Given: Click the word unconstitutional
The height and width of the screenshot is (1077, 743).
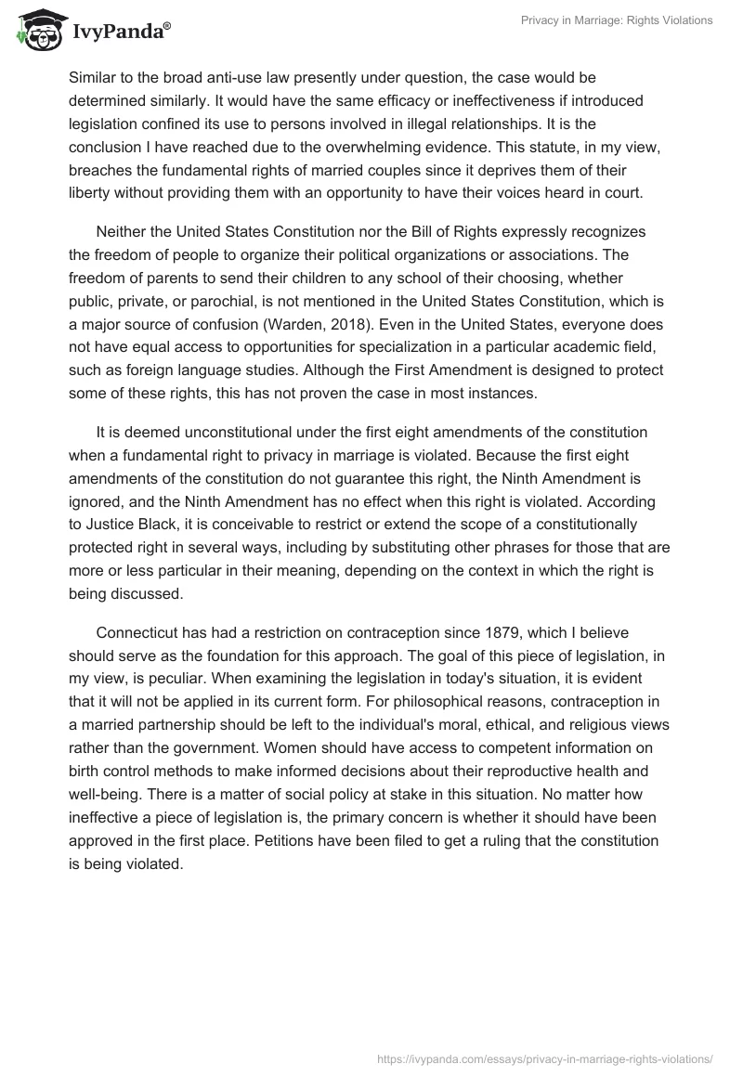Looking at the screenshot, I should [239, 432].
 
